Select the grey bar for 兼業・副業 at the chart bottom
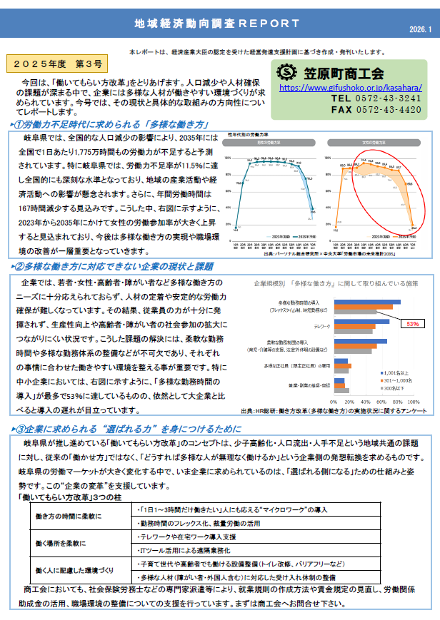[x=342, y=390]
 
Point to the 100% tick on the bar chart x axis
[x=413, y=402]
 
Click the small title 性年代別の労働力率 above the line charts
[x=248, y=134]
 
